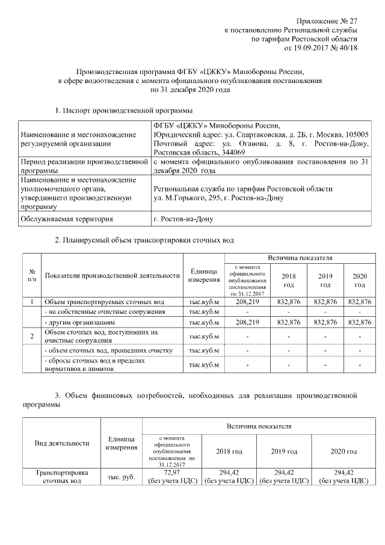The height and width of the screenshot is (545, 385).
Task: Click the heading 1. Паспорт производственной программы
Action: click(123, 110)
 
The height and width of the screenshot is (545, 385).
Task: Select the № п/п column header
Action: click(31, 276)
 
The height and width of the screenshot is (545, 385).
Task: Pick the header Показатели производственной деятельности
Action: click(112, 276)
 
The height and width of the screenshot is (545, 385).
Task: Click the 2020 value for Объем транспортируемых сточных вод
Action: click(360, 301)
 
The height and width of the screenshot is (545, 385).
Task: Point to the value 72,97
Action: click(171, 473)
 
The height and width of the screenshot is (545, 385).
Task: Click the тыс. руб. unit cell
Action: click(120, 477)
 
